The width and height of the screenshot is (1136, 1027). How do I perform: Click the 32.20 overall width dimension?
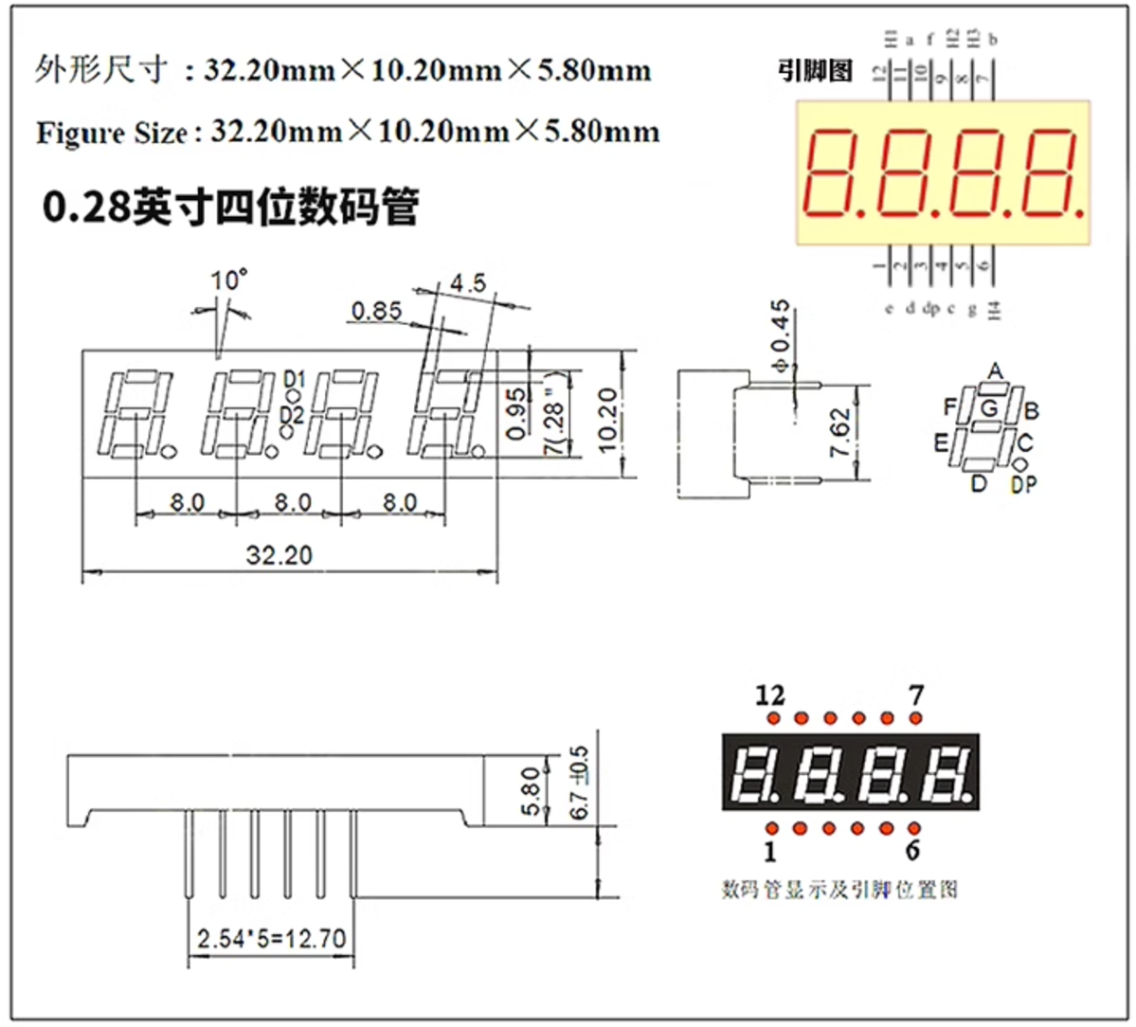pyautogui.click(x=279, y=555)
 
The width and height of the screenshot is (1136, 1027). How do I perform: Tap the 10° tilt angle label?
pyautogui.click(x=228, y=280)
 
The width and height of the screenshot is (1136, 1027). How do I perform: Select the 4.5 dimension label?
pyautogui.click(x=467, y=282)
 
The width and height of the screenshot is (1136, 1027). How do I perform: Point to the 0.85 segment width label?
pyautogui.click(x=376, y=311)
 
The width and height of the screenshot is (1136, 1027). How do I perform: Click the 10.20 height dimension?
pyautogui.click(x=607, y=419)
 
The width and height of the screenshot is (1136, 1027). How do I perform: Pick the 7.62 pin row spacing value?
pyautogui.click(x=840, y=433)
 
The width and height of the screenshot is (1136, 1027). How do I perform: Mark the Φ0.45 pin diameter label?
pyautogui.click(x=780, y=336)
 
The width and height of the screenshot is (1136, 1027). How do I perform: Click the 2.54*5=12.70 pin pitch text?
pyautogui.click(x=271, y=939)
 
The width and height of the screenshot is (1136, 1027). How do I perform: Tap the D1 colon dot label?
pyautogui.click(x=295, y=380)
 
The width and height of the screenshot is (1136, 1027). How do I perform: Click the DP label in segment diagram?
pyautogui.click(x=1023, y=485)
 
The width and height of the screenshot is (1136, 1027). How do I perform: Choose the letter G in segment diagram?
pyautogui.click(x=989, y=408)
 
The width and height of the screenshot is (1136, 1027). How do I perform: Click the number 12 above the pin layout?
pyautogui.click(x=770, y=695)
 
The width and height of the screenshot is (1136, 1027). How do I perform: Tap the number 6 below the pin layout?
pyautogui.click(x=912, y=850)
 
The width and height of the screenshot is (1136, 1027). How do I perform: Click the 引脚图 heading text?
pyautogui.click(x=815, y=71)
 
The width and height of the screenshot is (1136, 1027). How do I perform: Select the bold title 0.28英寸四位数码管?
pyautogui.click(x=230, y=207)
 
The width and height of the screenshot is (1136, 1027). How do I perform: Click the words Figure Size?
pyautogui.click(x=111, y=133)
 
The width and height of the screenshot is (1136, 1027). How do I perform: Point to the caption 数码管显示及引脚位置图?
pyautogui.click(x=839, y=890)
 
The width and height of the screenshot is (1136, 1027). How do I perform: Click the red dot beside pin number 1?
pyautogui.click(x=773, y=829)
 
